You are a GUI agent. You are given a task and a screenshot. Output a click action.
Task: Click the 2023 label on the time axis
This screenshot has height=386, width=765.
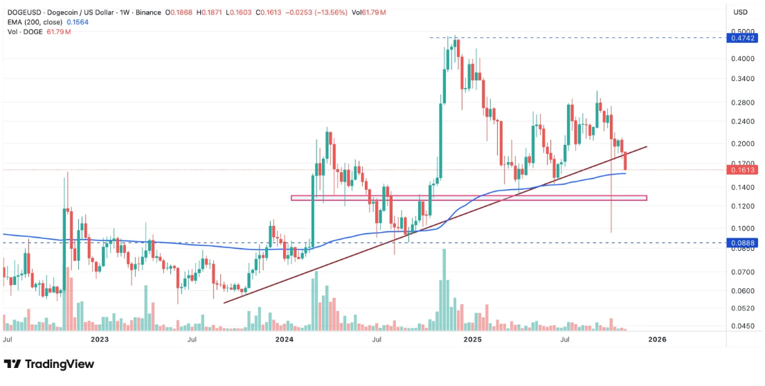pos(100,340)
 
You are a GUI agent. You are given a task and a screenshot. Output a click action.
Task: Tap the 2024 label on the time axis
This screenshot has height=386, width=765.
pos(285,340)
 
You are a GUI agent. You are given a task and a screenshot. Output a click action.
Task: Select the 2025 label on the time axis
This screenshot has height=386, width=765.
pos(472,340)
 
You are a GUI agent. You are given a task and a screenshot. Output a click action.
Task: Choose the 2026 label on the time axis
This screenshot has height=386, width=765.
pos(656,340)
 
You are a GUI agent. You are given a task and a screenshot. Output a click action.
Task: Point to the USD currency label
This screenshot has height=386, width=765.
pos(740,12)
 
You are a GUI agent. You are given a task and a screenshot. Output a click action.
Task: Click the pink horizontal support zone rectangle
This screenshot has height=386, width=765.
pos(469,198)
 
